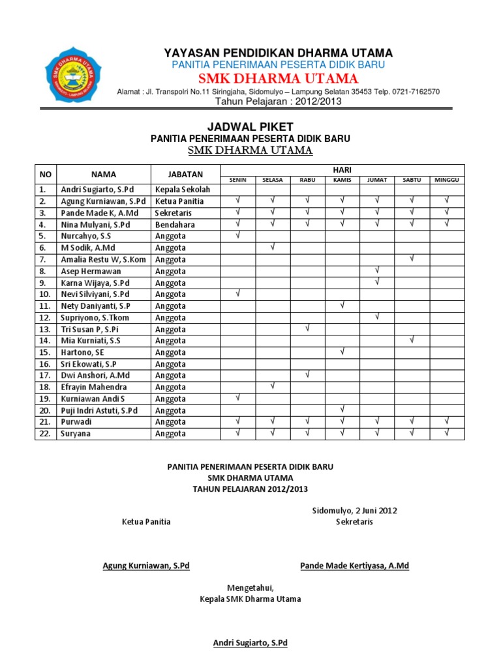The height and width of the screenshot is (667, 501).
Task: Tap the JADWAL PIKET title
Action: coord(250,126)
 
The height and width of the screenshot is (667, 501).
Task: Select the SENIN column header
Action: coord(238,179)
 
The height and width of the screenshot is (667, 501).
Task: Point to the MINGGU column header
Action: coord(447,179)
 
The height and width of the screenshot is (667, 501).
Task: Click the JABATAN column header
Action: coord(185,174)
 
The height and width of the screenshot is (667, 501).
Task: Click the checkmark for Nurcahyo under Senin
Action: coord(238,235)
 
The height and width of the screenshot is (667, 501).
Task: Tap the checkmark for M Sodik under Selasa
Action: coord(273,247)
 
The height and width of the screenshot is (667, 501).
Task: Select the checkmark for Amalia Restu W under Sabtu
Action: coord(412,259)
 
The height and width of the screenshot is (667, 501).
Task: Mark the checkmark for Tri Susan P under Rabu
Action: coord(307,328)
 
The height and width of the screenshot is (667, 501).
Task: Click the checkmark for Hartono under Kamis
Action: coord(342,352)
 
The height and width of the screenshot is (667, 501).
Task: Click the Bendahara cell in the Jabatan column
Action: coord(175,225)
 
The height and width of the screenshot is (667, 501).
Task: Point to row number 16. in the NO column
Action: coord(44,364)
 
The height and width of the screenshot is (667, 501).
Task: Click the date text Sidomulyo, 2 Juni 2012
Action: coord(355,511)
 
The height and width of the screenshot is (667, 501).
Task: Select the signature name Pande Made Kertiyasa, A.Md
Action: coord(354,565)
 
